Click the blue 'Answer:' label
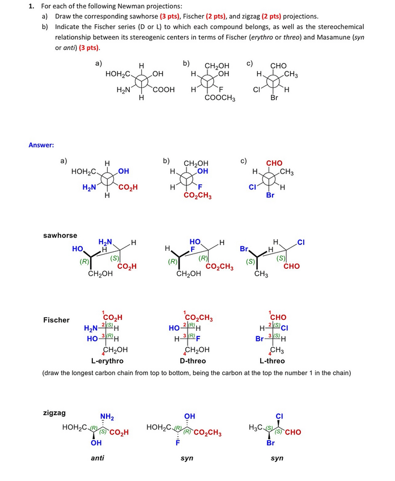tap(41, 145)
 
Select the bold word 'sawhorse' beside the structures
tap(60, 235)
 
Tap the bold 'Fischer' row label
tap(56, 320)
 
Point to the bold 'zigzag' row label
tap(54, 413)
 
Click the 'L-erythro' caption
tap(107, 361)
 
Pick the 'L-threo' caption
tap(272, 361)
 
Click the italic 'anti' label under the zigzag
tap(97, 457)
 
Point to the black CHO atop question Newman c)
tap(278, 66)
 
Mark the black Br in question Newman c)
tap(274, 98)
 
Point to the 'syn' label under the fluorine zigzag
tap(186, 457)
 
